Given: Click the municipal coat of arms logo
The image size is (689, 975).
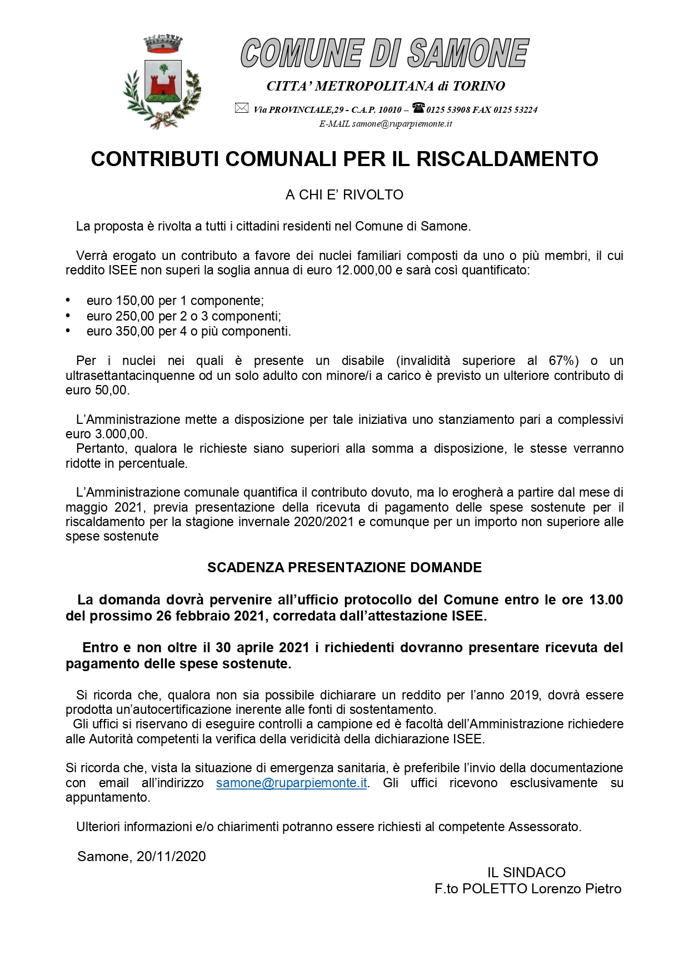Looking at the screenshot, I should point(162,82).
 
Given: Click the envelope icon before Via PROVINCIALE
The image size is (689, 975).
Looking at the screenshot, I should point(241,108).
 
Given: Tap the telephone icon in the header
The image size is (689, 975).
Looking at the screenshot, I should point(418,108).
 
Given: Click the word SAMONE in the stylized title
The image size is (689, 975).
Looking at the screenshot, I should point(468,54).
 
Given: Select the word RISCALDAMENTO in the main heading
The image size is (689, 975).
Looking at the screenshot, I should point(507,159).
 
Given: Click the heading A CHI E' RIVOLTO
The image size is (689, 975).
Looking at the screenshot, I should point(344,195).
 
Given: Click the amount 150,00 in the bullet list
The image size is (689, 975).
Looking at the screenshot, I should point(135,301).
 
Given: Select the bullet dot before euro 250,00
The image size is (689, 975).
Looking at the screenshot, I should point(68,316).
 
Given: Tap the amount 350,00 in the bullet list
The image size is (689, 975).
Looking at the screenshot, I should point(135,331).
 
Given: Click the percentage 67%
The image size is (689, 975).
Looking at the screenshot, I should point(563,361).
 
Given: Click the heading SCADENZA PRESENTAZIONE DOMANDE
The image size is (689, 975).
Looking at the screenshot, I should point(344,567).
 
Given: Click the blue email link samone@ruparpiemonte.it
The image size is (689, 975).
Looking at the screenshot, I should point(292,783).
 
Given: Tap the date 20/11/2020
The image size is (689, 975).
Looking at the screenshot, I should point(171,857).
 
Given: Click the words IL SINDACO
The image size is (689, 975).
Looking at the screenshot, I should point(526,873).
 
